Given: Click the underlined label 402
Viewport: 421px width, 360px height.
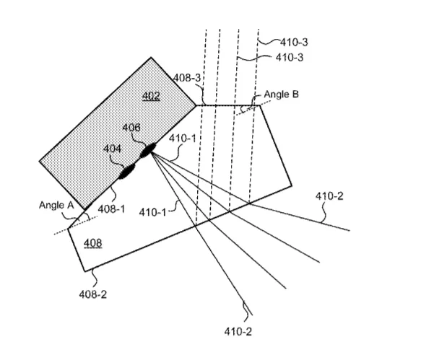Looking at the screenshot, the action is tap(151, 96).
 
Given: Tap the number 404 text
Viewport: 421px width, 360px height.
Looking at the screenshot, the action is tap(112, 149).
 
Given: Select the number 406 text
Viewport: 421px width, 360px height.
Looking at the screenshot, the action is tap(131, 128).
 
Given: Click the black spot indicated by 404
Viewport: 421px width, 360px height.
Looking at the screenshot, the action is tap(126, 171).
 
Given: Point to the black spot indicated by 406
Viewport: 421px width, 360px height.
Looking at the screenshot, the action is tap(148, 150).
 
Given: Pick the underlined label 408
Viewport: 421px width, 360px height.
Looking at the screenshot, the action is tap(93, 244).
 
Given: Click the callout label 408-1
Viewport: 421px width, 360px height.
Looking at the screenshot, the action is tap(111, 209).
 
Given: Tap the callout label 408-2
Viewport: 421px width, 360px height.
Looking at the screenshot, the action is tap(93, 294).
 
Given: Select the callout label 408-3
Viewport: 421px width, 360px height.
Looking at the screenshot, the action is tap(187, 78).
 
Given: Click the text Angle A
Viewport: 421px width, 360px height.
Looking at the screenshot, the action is tap(56, 205).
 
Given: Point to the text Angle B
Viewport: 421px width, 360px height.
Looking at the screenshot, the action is tap(281, 95).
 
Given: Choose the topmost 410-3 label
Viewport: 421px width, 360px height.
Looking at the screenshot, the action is tap(294, 42).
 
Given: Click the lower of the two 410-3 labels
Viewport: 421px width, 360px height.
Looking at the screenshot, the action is tap(290, 58).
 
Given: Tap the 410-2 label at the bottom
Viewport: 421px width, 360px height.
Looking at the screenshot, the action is tap(238, 332).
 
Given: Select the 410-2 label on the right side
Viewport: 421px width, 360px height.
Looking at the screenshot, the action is tap(329, 196).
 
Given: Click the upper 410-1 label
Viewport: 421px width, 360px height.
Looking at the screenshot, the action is tap(183, 139).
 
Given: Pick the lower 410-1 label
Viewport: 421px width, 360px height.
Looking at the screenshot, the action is tap(152, 212).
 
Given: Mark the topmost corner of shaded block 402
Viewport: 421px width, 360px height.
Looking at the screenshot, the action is tap(151, 57).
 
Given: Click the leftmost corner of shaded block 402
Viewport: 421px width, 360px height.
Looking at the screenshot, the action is tap(40, 161).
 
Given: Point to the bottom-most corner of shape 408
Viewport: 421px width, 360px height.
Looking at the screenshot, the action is tap(84, 271).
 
